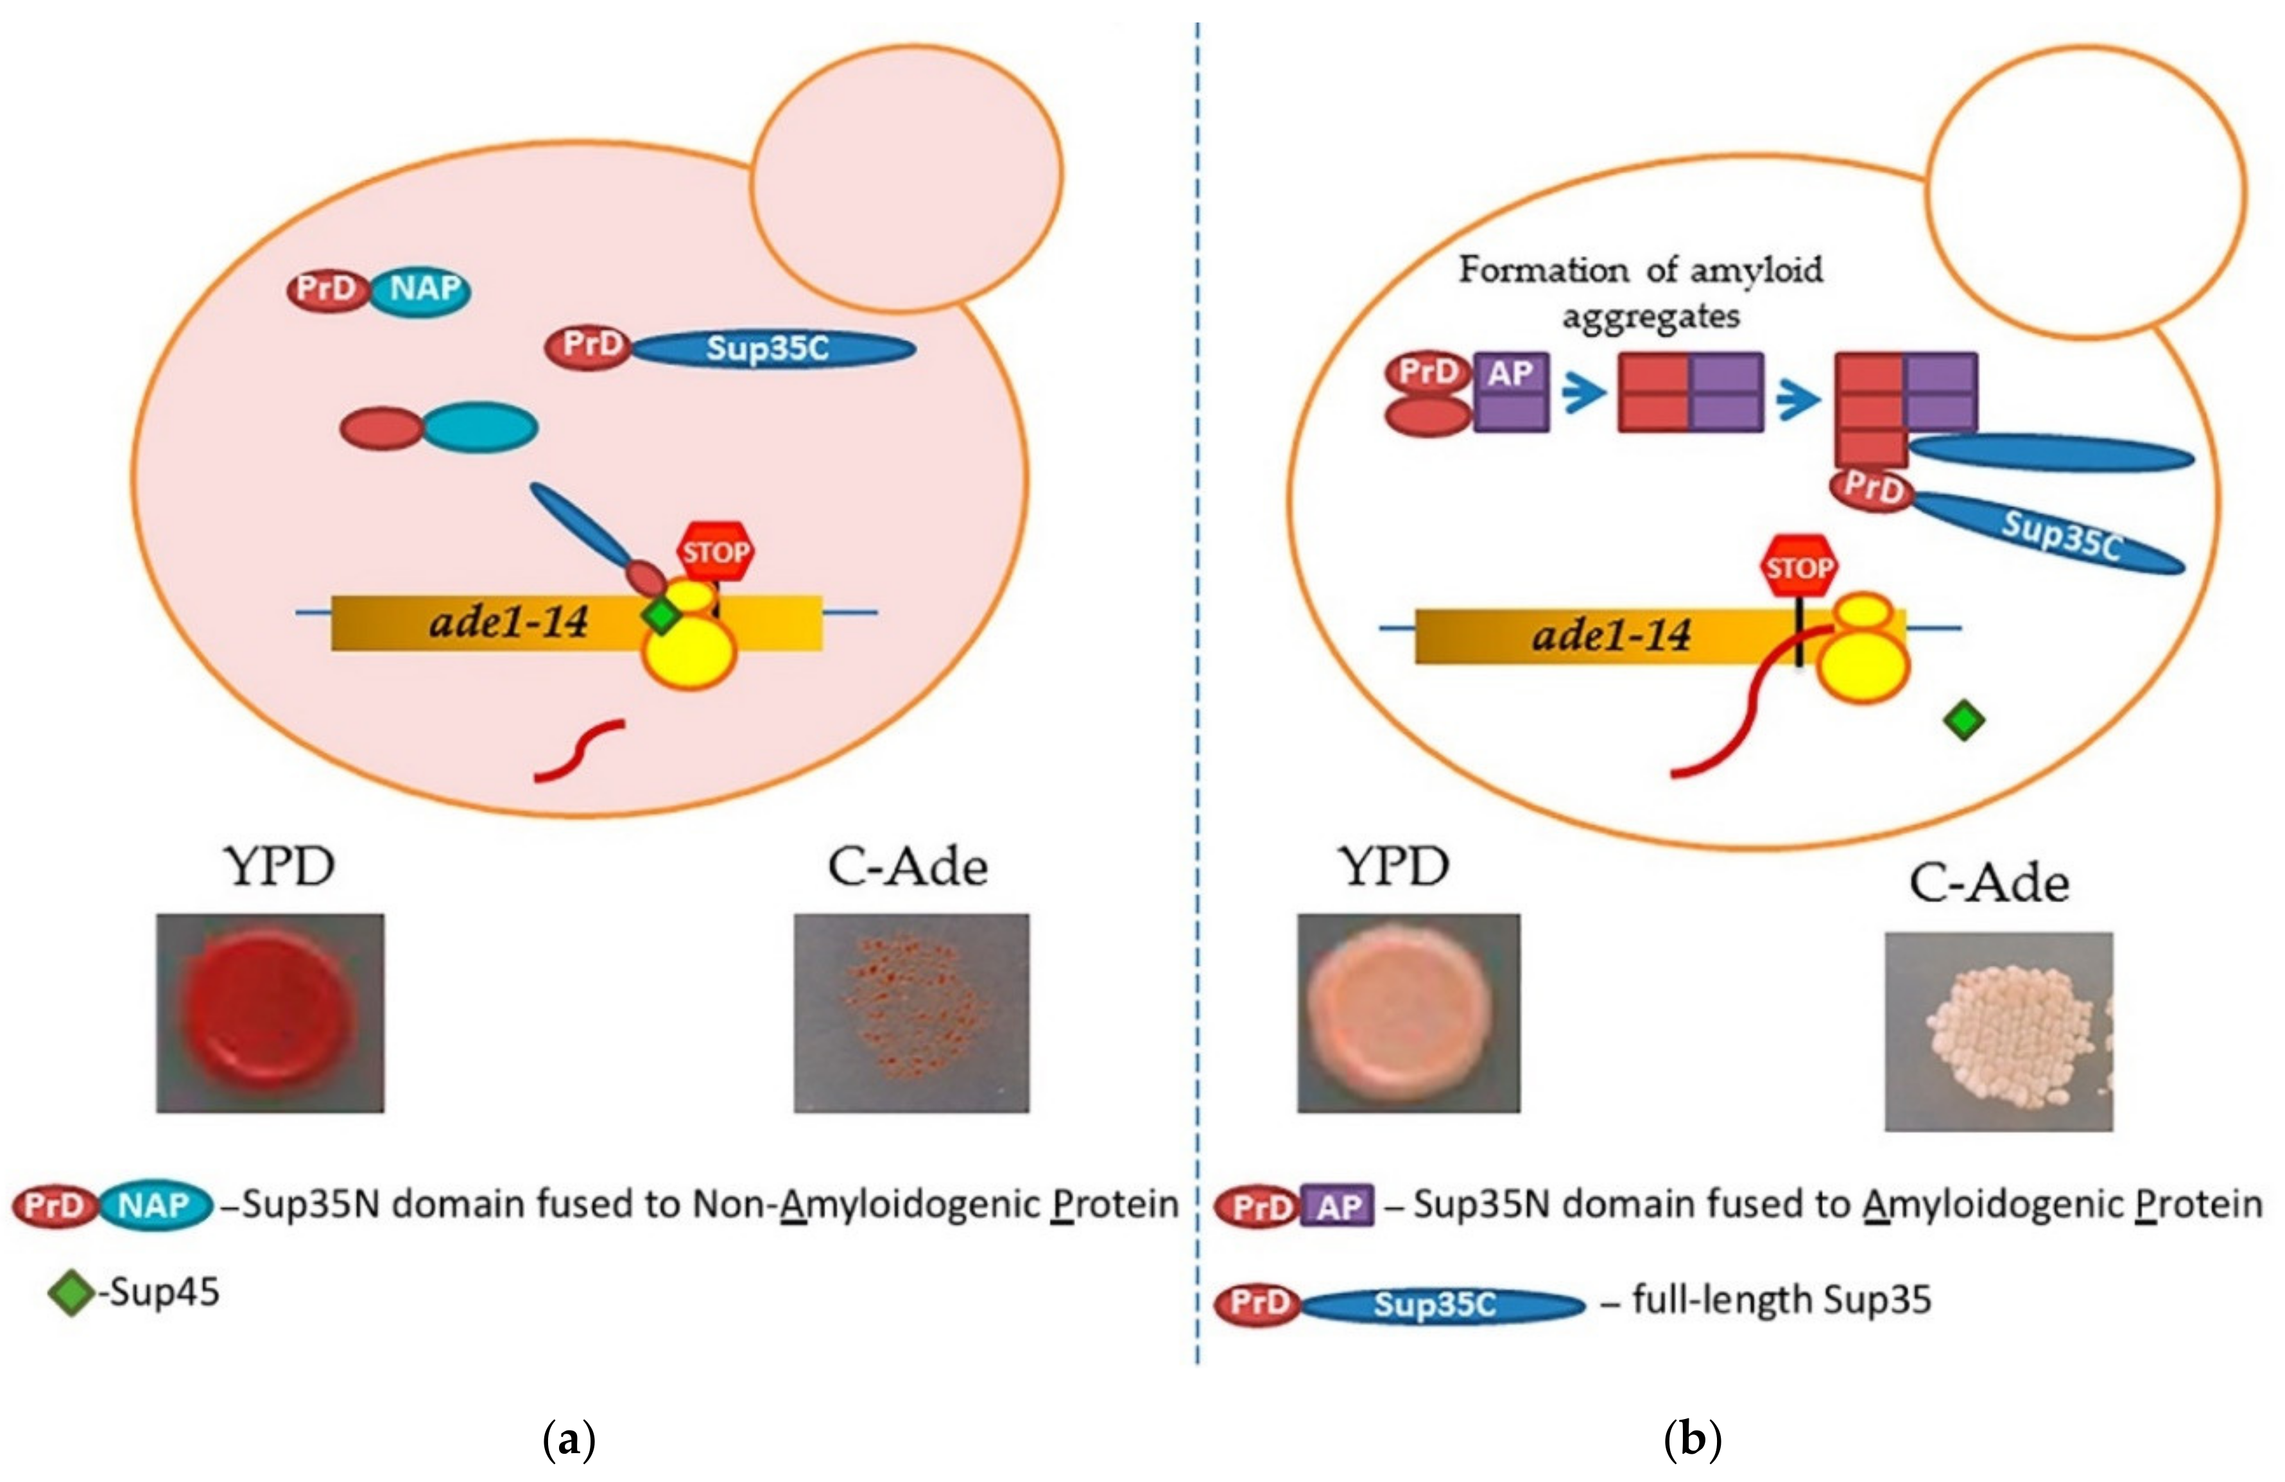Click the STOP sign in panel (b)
point(1799,567)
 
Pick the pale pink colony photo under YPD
point(1408,1013)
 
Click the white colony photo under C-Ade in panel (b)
point(1999,1031)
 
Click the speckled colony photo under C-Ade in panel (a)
point(911,1013)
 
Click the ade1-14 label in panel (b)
point(1611,635)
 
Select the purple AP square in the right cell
point(1511,392)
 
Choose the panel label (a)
point(569,1440)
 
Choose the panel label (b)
point(1692,1440)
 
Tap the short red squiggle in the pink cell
point(579,751)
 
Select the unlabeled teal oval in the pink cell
point(480,426)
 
